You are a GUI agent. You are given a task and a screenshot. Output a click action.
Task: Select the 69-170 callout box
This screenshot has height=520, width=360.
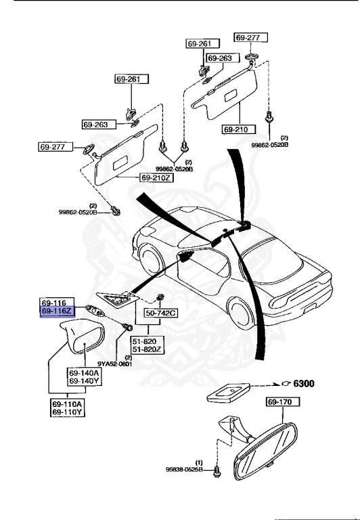pos(279,402)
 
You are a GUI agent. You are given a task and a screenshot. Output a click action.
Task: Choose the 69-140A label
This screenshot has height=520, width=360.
pos(83,373)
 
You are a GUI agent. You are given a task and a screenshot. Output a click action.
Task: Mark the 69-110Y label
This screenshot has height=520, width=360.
pos(68,412)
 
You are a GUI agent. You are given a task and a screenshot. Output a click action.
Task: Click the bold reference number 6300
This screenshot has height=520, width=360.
pos(302,383)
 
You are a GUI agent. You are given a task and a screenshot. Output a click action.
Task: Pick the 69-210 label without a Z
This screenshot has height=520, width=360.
pos(238,128)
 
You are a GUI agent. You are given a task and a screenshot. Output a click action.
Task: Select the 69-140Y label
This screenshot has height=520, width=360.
pos(83,382)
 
